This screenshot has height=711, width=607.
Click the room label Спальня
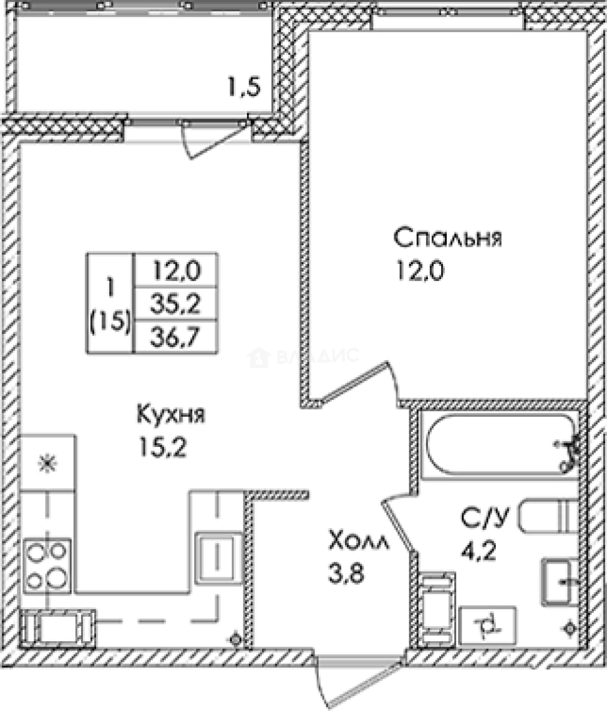coord(448,238)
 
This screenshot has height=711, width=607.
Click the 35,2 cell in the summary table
coord(175,304)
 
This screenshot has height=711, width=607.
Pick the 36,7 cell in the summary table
coord(175,338)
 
